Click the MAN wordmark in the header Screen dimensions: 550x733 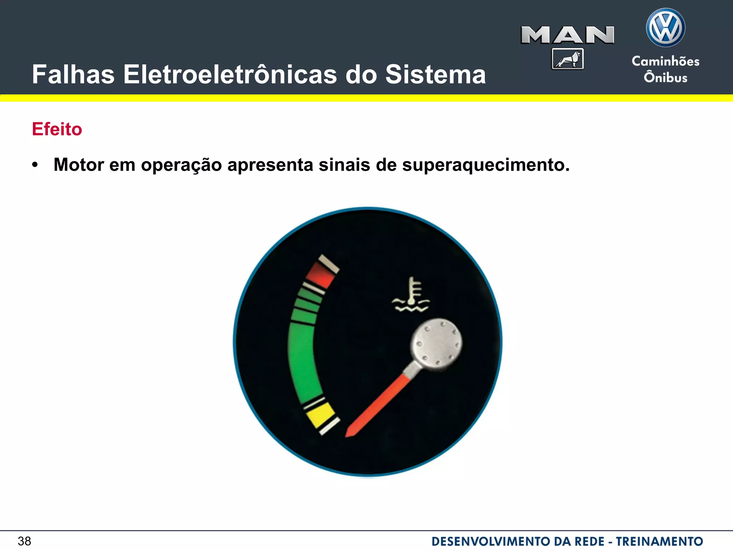click(x=567, y=35)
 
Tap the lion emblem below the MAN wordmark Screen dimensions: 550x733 click(x=568, y=59)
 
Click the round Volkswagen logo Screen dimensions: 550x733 click(x=665, y=28)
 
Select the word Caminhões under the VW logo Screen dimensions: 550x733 click(x=665, y=61)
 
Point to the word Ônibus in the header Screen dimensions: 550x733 click(x=665, y=77)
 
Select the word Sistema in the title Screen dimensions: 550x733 click(x=435, y=74)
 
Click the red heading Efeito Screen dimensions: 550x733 click(x=57, y=129)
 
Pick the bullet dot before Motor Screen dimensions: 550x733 click(x=35, y=165)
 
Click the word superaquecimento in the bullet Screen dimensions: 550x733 click(x=486, y=165)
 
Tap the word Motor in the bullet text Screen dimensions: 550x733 click(x=79, y=165)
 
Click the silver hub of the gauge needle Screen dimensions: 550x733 click(x=436, y=343)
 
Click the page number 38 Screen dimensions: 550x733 click(x=24, y=541)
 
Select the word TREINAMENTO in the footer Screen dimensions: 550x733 click(x=659, y=541)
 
